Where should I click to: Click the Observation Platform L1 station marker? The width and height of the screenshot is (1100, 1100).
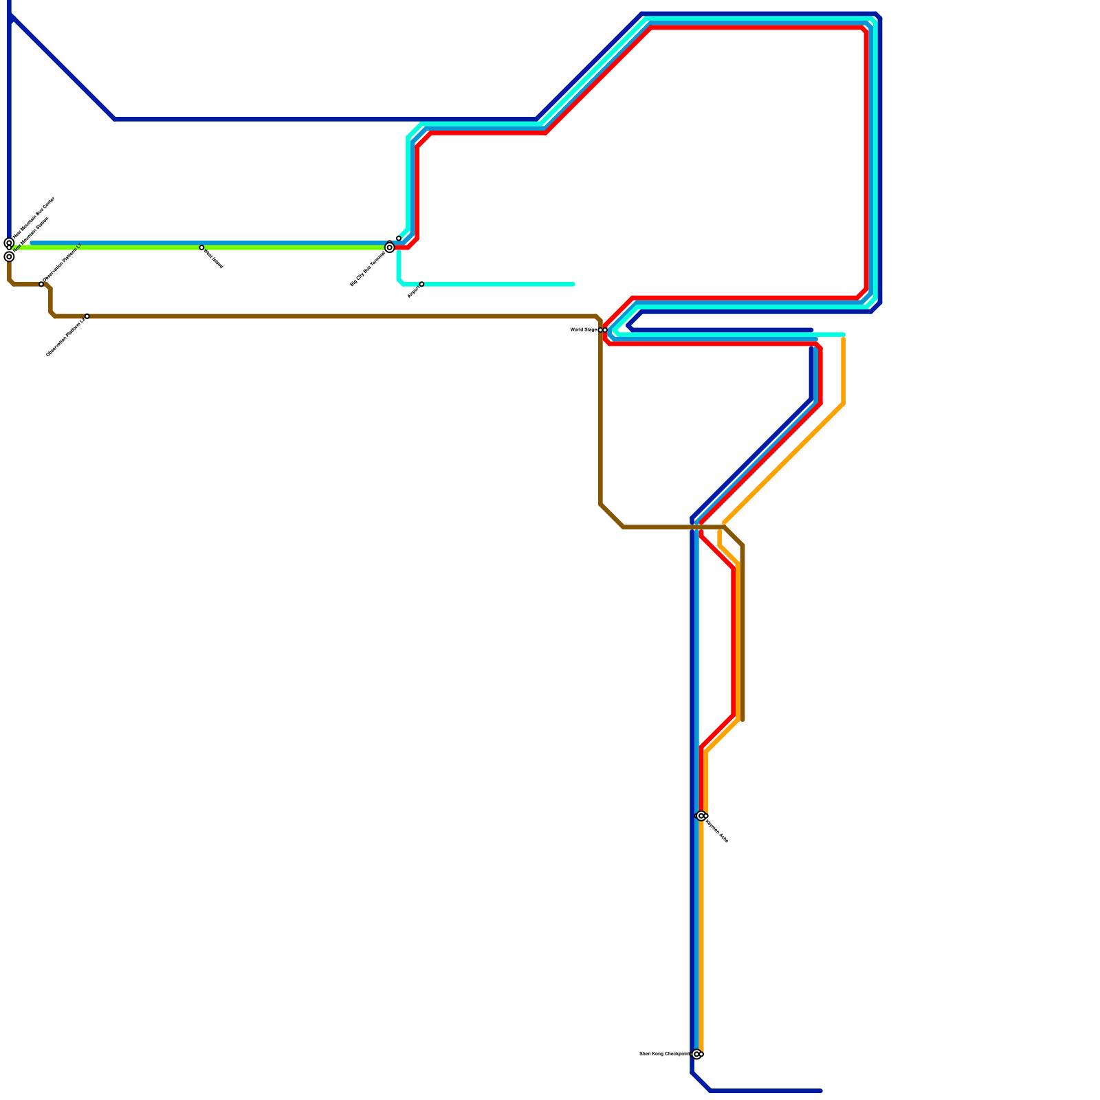(41, 284)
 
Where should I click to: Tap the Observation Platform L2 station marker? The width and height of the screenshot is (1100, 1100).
(87, 316)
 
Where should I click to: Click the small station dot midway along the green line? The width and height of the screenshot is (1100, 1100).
(201, 247)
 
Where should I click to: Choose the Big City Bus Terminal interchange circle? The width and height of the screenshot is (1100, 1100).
(390, 247)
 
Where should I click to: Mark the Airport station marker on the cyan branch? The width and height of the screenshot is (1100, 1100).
(421, 284)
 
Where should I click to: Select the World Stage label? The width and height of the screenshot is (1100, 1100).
(583, 330)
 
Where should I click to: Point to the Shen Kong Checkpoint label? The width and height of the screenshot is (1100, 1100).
(664, 1053)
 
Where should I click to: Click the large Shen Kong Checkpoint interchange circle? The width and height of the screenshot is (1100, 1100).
(696, 1054)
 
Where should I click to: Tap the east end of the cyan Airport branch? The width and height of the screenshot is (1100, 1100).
(573, 284)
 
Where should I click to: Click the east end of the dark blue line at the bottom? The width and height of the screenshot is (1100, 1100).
(821, 1090)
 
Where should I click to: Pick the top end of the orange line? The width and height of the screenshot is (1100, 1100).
(843, 338)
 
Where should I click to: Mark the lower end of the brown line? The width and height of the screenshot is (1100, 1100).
(742, 720)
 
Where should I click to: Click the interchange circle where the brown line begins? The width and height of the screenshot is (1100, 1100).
(9, 257)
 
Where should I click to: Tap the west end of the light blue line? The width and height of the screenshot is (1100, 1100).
(32, 243)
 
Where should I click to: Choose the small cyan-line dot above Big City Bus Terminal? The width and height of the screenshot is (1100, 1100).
(399, 239)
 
